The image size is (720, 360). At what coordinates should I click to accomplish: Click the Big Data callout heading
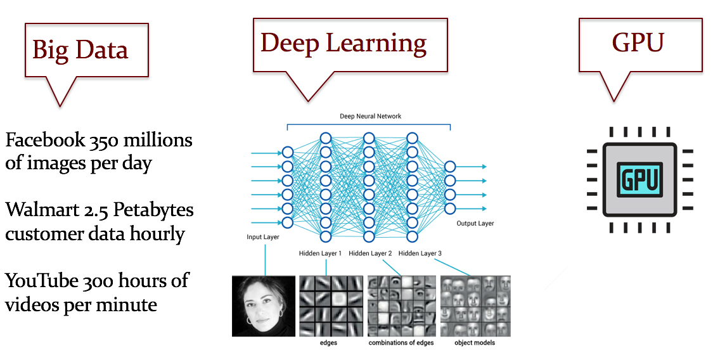point(80,49)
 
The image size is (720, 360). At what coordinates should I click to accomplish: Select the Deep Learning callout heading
point(344,42)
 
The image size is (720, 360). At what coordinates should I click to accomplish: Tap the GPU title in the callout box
point(638,42)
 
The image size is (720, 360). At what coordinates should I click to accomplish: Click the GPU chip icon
point(640,179)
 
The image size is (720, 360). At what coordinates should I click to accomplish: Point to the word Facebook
point(42,139)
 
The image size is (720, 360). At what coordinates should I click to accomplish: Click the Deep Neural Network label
point(370,117)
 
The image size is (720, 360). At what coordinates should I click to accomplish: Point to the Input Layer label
point(263,237)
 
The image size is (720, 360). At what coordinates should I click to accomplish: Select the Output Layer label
point(475,224)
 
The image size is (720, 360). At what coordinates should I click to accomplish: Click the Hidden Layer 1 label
point(320,254)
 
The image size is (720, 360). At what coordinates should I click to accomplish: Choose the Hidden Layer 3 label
point(420,254)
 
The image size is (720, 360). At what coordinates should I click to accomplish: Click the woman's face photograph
point(264,305)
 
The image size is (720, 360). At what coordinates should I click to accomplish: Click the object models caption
point(474,343)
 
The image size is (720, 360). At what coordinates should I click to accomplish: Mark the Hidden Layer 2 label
point(370,254)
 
